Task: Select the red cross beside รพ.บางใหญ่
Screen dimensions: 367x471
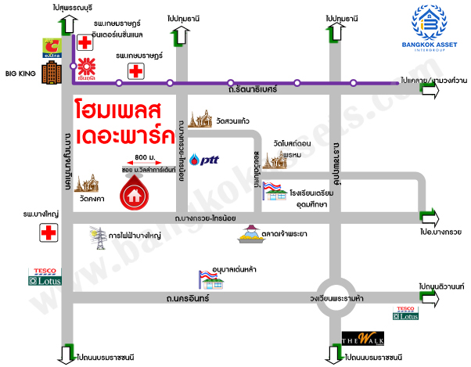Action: point(49,232)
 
